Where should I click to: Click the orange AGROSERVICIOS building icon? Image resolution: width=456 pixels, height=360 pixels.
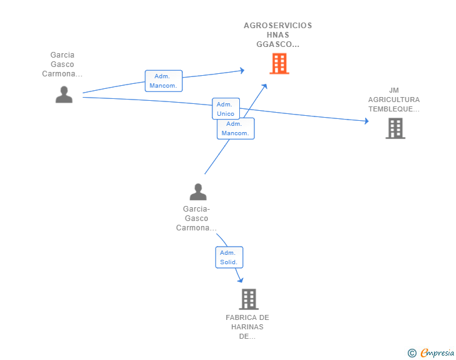pyautogui.click(x=279, y=63)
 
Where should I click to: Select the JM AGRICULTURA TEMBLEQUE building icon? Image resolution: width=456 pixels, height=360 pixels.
pyautogui.click(x=395, y=128)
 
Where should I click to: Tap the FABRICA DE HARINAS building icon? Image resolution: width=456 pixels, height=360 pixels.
pyautogui.click(x=249, y=299)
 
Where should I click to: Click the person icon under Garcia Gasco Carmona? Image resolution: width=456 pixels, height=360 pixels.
pyautogui.click(x=64, y=95)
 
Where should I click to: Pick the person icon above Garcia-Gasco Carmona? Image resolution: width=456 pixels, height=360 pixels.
pyautogui.click(x=198, y=192)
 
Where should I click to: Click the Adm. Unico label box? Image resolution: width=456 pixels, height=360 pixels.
pyautogui.click(x=225, y=109)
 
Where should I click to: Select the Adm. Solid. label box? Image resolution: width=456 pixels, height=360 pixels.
pyautogui.click(x=229, y=257)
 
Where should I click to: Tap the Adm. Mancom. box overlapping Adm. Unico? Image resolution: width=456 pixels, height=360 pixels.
pyautogui.click(x=236, y=128)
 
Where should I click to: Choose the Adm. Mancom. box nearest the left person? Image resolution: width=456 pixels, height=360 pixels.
pyautogui.click(x=163, y=81)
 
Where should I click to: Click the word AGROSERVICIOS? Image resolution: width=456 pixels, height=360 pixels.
pyautogui.click(x=277, y=26)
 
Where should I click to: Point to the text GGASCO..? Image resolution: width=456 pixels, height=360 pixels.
pyautogui.click(x=274, y=44)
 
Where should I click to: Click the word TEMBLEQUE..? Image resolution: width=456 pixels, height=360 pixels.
pyautogui.click(x=391, y=109)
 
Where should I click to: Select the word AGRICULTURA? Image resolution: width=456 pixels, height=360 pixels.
pyautogui.click(x=394, y=100)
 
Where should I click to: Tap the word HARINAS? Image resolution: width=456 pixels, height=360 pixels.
pyautogui.click(x=247, y=327)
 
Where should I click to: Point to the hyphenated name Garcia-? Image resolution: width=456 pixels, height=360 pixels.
pyautogui.click(x=196, y=208)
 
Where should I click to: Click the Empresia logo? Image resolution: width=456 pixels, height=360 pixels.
pyautogui.click(x=437, y=352)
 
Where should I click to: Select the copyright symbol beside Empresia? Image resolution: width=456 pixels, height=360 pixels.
pyautogui.click(x=412, y=353)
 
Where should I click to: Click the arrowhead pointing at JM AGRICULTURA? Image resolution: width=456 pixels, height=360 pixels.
pyautogui.click(x=366, y=121)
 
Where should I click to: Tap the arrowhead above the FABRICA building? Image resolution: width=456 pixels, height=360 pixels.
pyautogui.click(x=241, y=280)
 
